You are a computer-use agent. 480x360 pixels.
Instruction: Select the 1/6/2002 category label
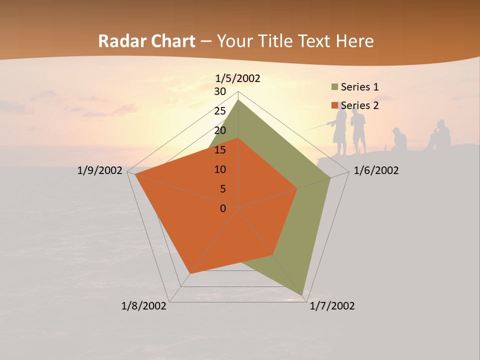(376, 170)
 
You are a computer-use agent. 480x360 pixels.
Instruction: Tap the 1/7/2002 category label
(332, 306)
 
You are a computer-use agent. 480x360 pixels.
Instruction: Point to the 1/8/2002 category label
(144, 306)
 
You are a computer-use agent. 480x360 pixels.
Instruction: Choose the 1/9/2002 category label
(100, 170)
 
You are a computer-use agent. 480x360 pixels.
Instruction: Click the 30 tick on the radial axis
(220, 91)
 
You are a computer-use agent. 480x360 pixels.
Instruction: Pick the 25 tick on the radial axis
(220, 111)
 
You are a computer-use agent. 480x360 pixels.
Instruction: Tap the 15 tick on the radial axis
(220, 150)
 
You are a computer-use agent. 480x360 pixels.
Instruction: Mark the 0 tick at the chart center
(223, 208)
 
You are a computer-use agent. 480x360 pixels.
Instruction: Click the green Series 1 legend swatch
(334, 87)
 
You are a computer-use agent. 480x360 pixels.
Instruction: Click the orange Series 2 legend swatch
(334, 105)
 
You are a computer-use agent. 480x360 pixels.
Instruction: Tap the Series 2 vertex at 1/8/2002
(190, 273)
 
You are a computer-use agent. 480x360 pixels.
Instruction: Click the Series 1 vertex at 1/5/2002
(238, 100)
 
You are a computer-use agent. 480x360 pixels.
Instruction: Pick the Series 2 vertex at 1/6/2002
(297, 188)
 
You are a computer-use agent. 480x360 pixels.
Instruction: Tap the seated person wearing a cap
(398, 140)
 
